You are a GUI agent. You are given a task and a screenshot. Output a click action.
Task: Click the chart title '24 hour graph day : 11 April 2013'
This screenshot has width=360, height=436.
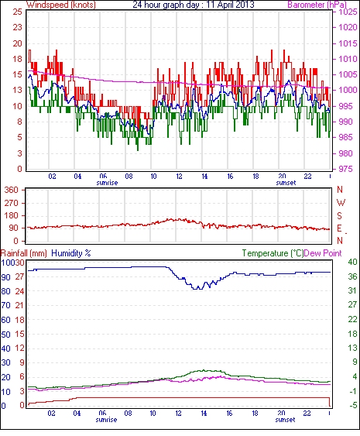pos(194,5)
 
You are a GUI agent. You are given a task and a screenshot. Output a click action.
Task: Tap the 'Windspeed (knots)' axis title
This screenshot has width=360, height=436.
pos(61,5)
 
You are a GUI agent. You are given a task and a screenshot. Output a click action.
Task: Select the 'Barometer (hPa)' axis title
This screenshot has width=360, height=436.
pos(317,5)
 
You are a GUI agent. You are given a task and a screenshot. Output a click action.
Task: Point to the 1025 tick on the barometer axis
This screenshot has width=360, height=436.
pos(348,12)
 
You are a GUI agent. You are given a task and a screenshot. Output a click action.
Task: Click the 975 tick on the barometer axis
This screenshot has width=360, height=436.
pos(345,169)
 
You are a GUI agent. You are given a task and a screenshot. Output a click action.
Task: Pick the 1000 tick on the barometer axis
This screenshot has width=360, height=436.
pos(348,90)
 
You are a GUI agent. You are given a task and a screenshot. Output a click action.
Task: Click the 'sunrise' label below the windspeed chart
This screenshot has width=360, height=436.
pos(108,183)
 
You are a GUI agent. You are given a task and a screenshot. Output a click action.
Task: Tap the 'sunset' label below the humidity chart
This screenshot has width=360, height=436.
pos(285,420)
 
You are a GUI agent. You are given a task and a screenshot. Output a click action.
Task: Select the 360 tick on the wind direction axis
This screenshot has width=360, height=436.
pos(12,191)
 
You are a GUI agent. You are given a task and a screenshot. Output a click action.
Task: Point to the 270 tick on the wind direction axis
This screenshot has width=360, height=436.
pos(12,203)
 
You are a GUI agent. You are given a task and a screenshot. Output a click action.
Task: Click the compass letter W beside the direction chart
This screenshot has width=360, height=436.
pos(341,203)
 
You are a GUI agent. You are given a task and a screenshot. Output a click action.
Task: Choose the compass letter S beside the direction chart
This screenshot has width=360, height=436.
pos(339,216)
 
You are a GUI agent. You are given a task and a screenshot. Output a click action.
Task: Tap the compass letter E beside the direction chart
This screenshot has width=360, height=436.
pos(339,228)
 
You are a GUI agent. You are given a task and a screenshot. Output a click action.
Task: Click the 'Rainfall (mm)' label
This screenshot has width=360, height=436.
pos(24,253)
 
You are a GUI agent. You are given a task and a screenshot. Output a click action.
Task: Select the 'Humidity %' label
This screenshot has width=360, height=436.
pos(71,253)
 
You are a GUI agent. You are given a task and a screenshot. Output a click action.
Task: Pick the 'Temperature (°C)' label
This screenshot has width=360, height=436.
pos(273,253)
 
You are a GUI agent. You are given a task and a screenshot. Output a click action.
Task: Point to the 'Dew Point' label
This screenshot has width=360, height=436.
pos(323,253)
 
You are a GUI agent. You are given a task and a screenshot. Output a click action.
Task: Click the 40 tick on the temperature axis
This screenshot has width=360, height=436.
pos(353,263)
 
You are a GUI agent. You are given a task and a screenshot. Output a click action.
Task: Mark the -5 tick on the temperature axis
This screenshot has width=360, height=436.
pos(353,406)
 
